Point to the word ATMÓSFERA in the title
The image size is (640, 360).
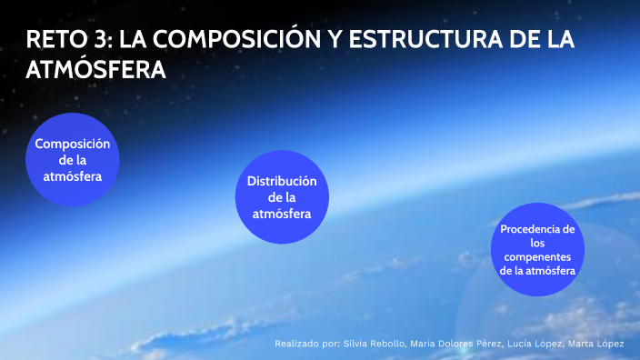(x=96, y=70)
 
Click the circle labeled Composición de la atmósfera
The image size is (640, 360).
(x=73, y=160)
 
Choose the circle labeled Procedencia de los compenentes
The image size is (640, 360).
(x=537, y=248)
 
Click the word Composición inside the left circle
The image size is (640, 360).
(x=73, y=144)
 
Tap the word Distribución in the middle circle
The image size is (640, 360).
(x=282, y=181)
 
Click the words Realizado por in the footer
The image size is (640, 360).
(x=306, y=344)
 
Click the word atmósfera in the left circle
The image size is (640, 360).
(x=73, y=176)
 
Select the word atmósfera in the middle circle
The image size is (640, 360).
(x=282, y=214)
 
